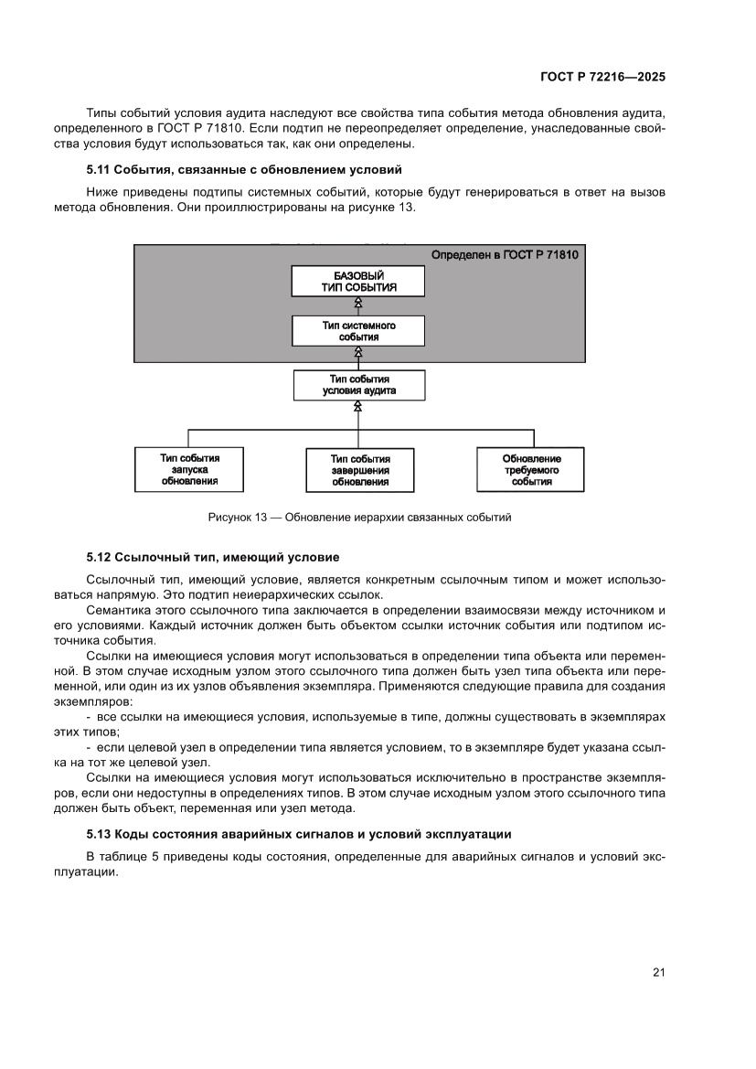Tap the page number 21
(x=658, y=972)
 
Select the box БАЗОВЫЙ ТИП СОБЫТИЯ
(x=358, y=281)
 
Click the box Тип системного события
(x=358, y=331)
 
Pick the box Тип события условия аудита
(x=358, y=384)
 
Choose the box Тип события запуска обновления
(x=189, y=468)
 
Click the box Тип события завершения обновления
(x=359, y=470)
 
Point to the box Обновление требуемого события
(x=531, y=470)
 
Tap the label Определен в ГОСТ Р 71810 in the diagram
(x=504, y=254)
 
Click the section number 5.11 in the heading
(x=98, y=170)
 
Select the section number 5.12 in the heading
(x=98, y=556)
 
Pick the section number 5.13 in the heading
(x=98, y=834)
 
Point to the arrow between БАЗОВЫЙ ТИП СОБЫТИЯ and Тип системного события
(x=358, y=305)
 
